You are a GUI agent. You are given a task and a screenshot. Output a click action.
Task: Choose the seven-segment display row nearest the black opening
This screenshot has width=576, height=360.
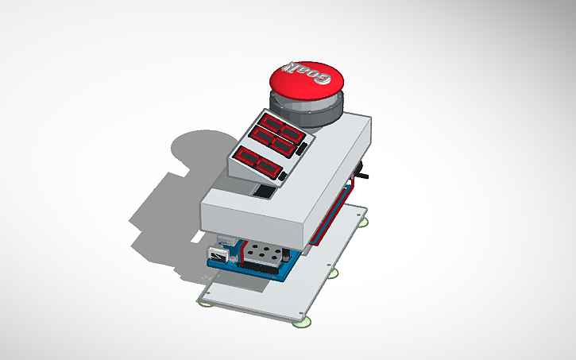click(x=259, y=161)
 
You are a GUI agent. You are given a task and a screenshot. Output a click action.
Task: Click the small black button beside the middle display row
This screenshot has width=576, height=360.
click(x=302, y=149)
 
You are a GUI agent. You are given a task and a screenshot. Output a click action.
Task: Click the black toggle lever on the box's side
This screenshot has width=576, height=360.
click(x=365, y=173)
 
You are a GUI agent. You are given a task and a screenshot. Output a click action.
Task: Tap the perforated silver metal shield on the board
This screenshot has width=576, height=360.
click(x=262, y=254)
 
